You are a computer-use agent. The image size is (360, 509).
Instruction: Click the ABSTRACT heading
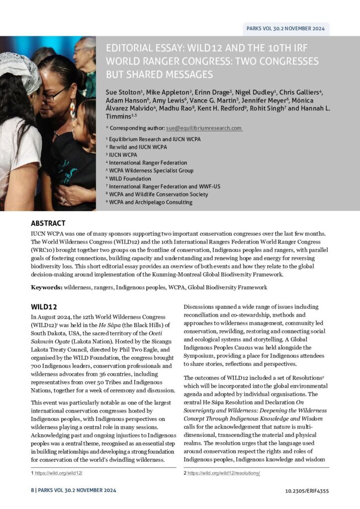tap(48, 223)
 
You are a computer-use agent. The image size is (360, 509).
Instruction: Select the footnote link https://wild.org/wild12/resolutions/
tap(224, 473)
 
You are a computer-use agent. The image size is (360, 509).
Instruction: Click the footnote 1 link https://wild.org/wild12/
tap(58, 473)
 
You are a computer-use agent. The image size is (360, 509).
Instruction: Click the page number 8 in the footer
tap(32, 491)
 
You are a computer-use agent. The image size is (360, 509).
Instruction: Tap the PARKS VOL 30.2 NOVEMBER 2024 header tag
tap(285, 28)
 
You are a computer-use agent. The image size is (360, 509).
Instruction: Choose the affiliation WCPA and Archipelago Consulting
tap(151, 202)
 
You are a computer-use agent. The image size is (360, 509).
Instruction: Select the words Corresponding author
tap(137, 128)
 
